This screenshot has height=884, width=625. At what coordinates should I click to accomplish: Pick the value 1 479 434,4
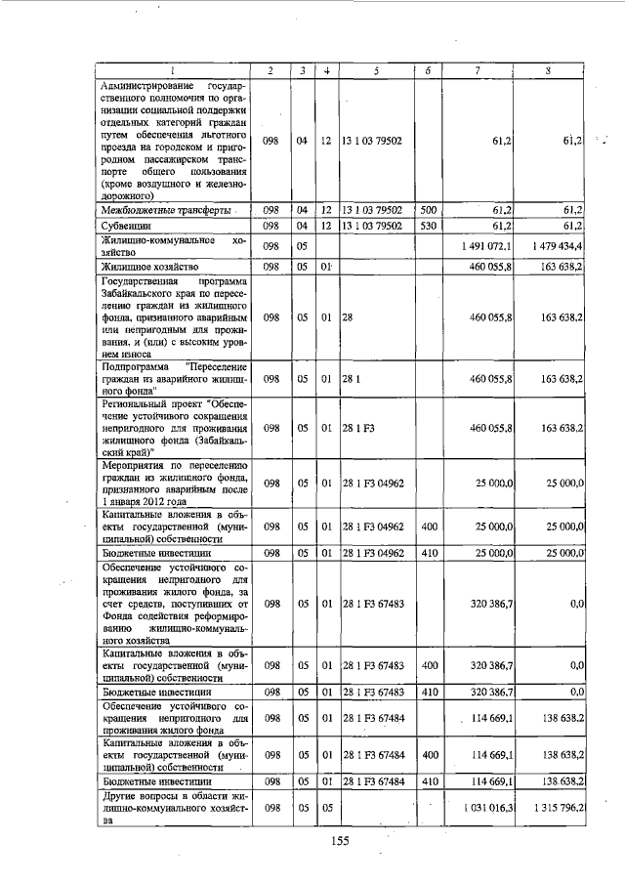tap(554, 246)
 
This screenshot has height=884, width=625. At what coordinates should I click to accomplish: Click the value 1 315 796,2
tap(554, 810)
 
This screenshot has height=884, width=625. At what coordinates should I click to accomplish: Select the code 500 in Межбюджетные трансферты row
tap(428, 210)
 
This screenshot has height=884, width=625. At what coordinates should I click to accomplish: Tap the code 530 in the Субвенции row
tap(428, 226)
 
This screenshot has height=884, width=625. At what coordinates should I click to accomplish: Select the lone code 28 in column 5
tap(347, 317)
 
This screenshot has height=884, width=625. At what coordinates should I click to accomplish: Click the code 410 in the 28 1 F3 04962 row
tap(428, 553)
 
